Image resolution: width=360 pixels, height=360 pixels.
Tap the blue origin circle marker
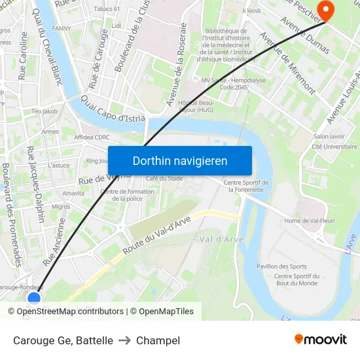[x=34, y=298]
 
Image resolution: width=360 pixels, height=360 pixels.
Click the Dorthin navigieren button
[x=180, y=161]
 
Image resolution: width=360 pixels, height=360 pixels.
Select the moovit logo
[x=321, y=339]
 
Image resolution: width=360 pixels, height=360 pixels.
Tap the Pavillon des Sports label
[x=281, y=266]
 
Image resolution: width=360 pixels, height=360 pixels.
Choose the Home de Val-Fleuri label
[x=310, y=221]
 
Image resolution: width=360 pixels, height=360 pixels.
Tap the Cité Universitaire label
[x=334, y=147]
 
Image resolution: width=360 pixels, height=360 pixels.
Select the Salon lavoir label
[x=329, y=136]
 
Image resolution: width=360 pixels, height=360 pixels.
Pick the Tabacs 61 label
[x=107, y=9]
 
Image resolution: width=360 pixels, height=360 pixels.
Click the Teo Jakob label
[x=45, y=111]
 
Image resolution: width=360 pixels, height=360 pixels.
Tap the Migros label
[x=60, y=207]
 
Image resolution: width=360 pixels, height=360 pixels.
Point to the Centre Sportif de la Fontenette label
[x=246, y=186]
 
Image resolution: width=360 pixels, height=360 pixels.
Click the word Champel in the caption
[x=158, y=340]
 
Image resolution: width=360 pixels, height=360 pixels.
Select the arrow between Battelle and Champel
[x=124, y=340]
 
